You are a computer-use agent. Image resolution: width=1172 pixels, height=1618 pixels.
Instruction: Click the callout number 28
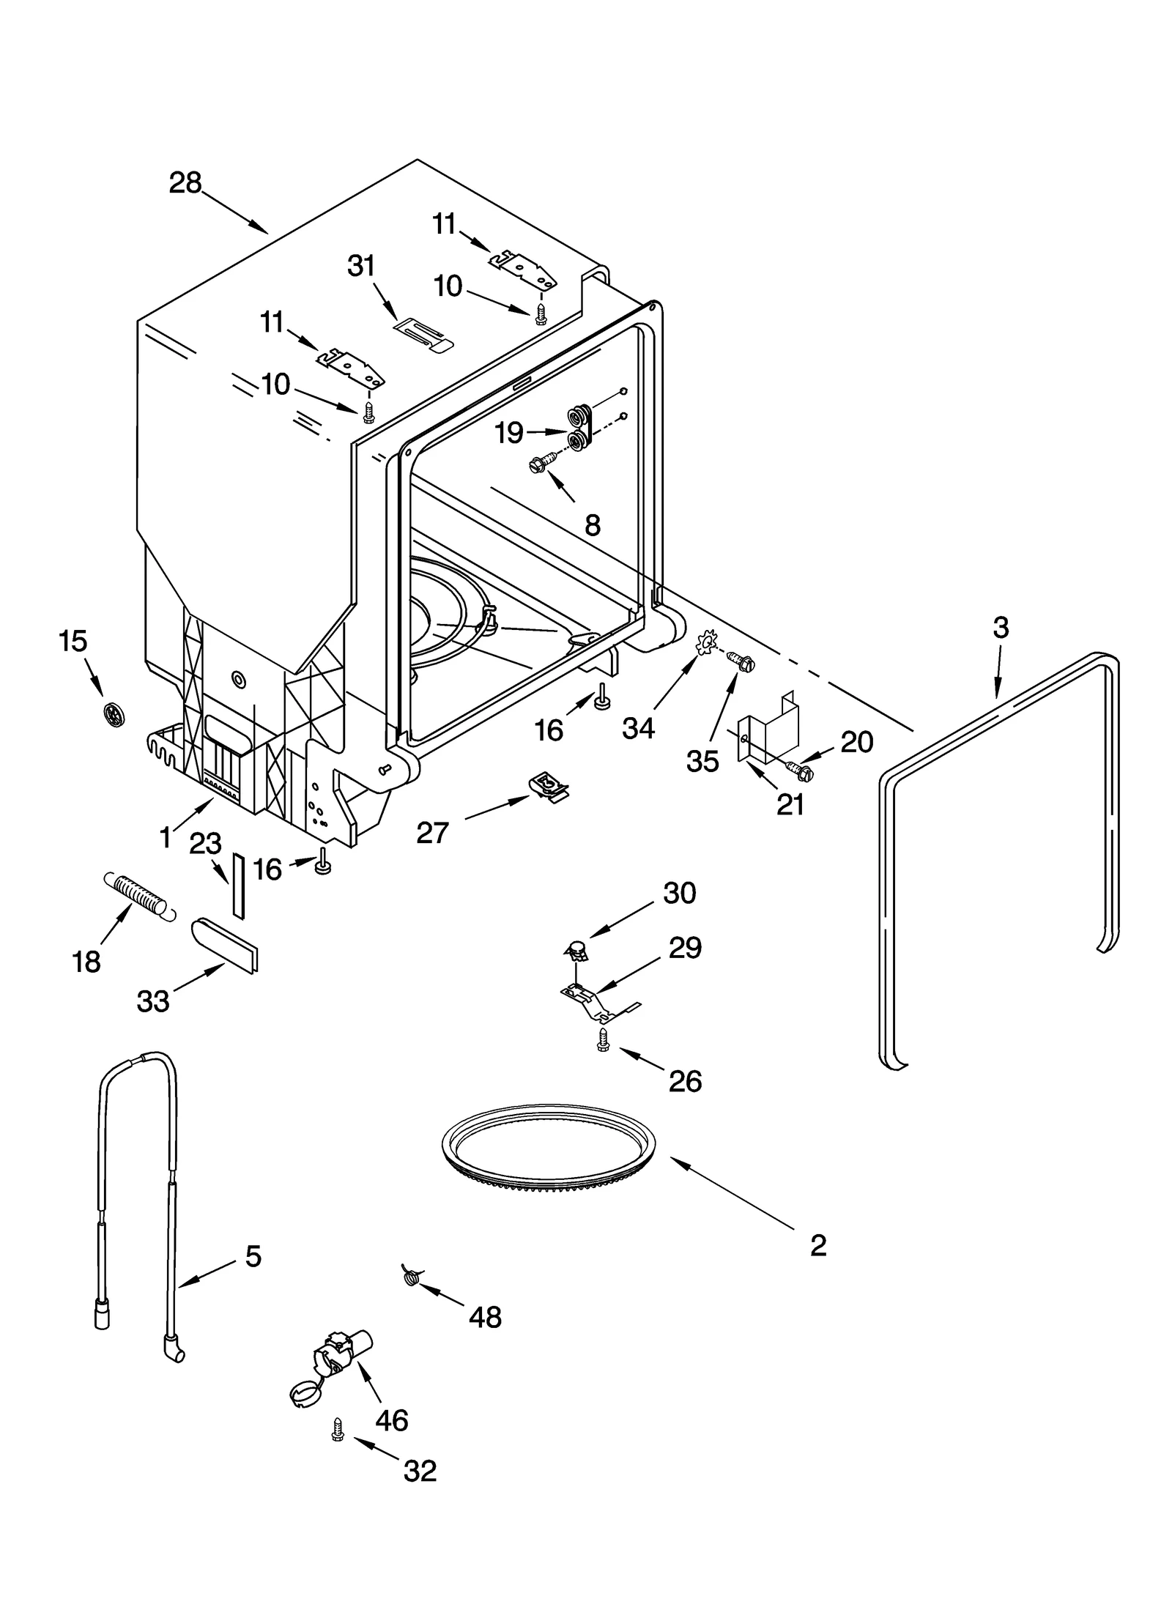click(185, 183)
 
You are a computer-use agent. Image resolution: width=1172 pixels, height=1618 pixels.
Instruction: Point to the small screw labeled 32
click(338, 1429)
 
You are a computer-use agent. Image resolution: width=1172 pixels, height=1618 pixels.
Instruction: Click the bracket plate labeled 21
click(765, 732)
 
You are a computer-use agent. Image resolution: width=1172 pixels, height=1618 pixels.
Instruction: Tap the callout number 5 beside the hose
click(253, 1256)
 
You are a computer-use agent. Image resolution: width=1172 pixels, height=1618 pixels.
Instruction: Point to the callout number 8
click(593, 524)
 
